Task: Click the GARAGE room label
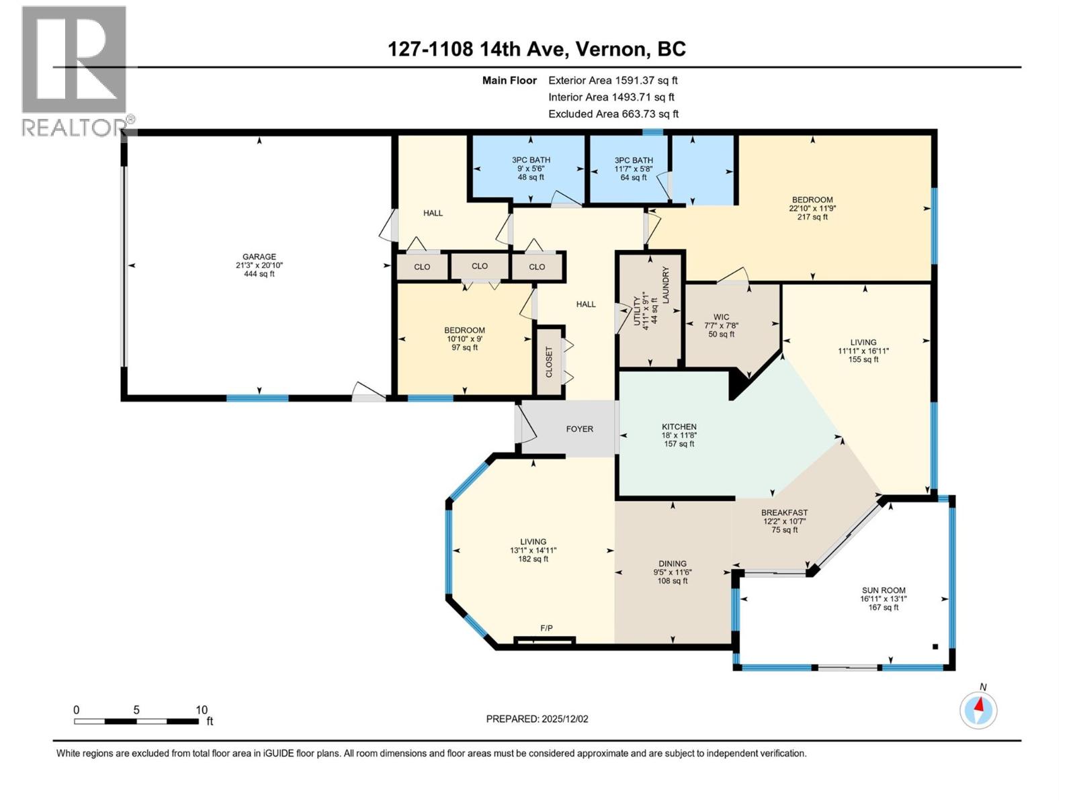point(259,257)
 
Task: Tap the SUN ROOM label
point(884,590)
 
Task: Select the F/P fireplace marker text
point(546,628)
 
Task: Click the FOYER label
point(579,429)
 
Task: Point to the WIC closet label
point(721,317)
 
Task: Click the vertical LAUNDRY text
point(666,285)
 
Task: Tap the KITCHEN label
point(679,427)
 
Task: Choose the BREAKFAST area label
point(784,512)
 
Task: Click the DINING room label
point(672,564)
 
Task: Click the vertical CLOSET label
point(549,361)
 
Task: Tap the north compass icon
point(978,709)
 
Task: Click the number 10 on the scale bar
point(202,709)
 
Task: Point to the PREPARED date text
point(537,719)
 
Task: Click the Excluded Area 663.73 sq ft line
point(613,114)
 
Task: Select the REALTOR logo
point(74,71)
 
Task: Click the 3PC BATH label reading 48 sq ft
point(531,169)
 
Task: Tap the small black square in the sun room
point(935,647)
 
